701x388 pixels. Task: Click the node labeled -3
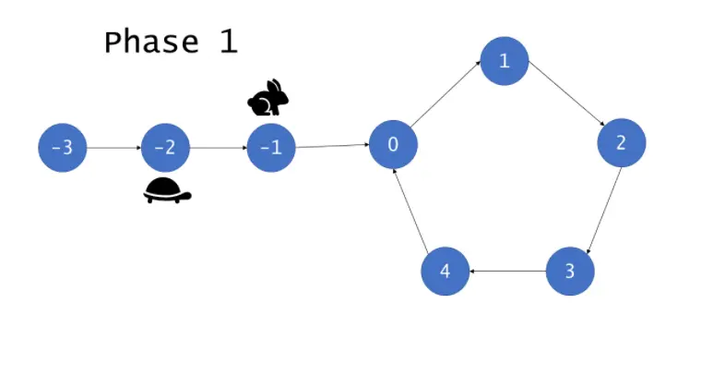pos(62,148)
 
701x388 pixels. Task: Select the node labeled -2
pos(165,148)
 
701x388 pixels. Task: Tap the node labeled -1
pos(271,148)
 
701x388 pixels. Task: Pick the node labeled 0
pos(393,145)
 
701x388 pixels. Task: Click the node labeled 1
pos(504,62)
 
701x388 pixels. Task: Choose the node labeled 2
pos(621,143)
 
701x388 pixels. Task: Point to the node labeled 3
pos(570,272)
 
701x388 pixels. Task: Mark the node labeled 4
pos(445,272)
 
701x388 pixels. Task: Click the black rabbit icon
pos(268,98)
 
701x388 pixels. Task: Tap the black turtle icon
pos(167,191)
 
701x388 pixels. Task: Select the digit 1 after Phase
pos(228,42)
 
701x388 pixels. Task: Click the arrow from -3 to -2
pos(113,148)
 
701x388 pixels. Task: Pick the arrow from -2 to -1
pos(219,148)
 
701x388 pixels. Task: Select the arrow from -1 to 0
pos(332,146)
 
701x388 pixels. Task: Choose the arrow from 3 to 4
pos(507,272)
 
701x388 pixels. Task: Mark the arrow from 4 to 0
pos(410,210)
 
